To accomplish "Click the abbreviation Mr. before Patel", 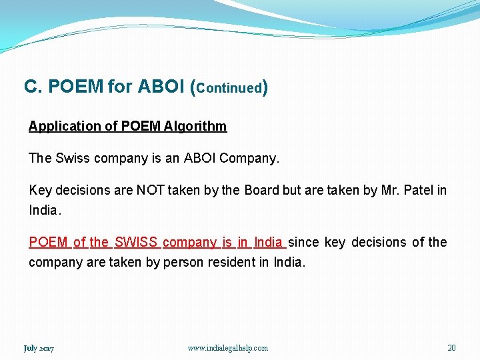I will [389, 190].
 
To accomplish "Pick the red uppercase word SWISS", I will [135, 242].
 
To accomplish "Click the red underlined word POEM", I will [48, 242].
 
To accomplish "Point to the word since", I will [304, 242].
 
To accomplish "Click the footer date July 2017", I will [39, 348].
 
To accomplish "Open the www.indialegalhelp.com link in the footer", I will [228, 348].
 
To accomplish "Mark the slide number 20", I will [451, 348].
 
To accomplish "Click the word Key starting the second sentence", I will [40, 190].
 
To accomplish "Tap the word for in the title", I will [120, 87].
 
